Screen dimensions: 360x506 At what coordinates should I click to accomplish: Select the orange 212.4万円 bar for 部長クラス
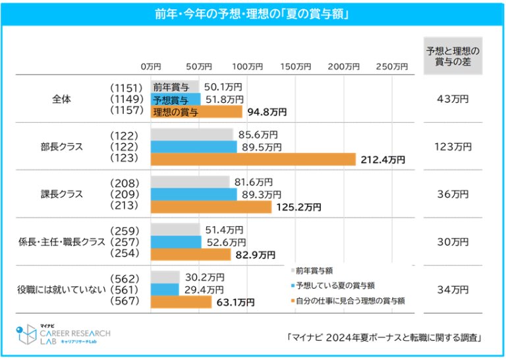[253, 159]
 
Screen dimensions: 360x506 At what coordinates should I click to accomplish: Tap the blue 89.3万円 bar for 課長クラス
[194, 195]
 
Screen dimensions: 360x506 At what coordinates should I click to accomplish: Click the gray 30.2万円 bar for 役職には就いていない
[165, 277]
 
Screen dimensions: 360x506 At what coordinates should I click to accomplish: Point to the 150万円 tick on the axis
[295, 67]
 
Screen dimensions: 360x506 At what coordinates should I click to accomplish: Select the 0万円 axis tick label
[151, 67]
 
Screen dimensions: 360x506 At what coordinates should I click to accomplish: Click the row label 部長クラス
[62, 146]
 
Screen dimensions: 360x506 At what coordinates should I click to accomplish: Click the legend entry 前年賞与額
[314, 270]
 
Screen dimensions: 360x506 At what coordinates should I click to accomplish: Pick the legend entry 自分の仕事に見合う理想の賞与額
[350, 301]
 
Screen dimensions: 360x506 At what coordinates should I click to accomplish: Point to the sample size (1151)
[124, 87]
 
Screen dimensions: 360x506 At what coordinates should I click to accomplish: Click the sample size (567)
[124, 301]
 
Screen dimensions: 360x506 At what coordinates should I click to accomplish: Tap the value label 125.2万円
[298, 207]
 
